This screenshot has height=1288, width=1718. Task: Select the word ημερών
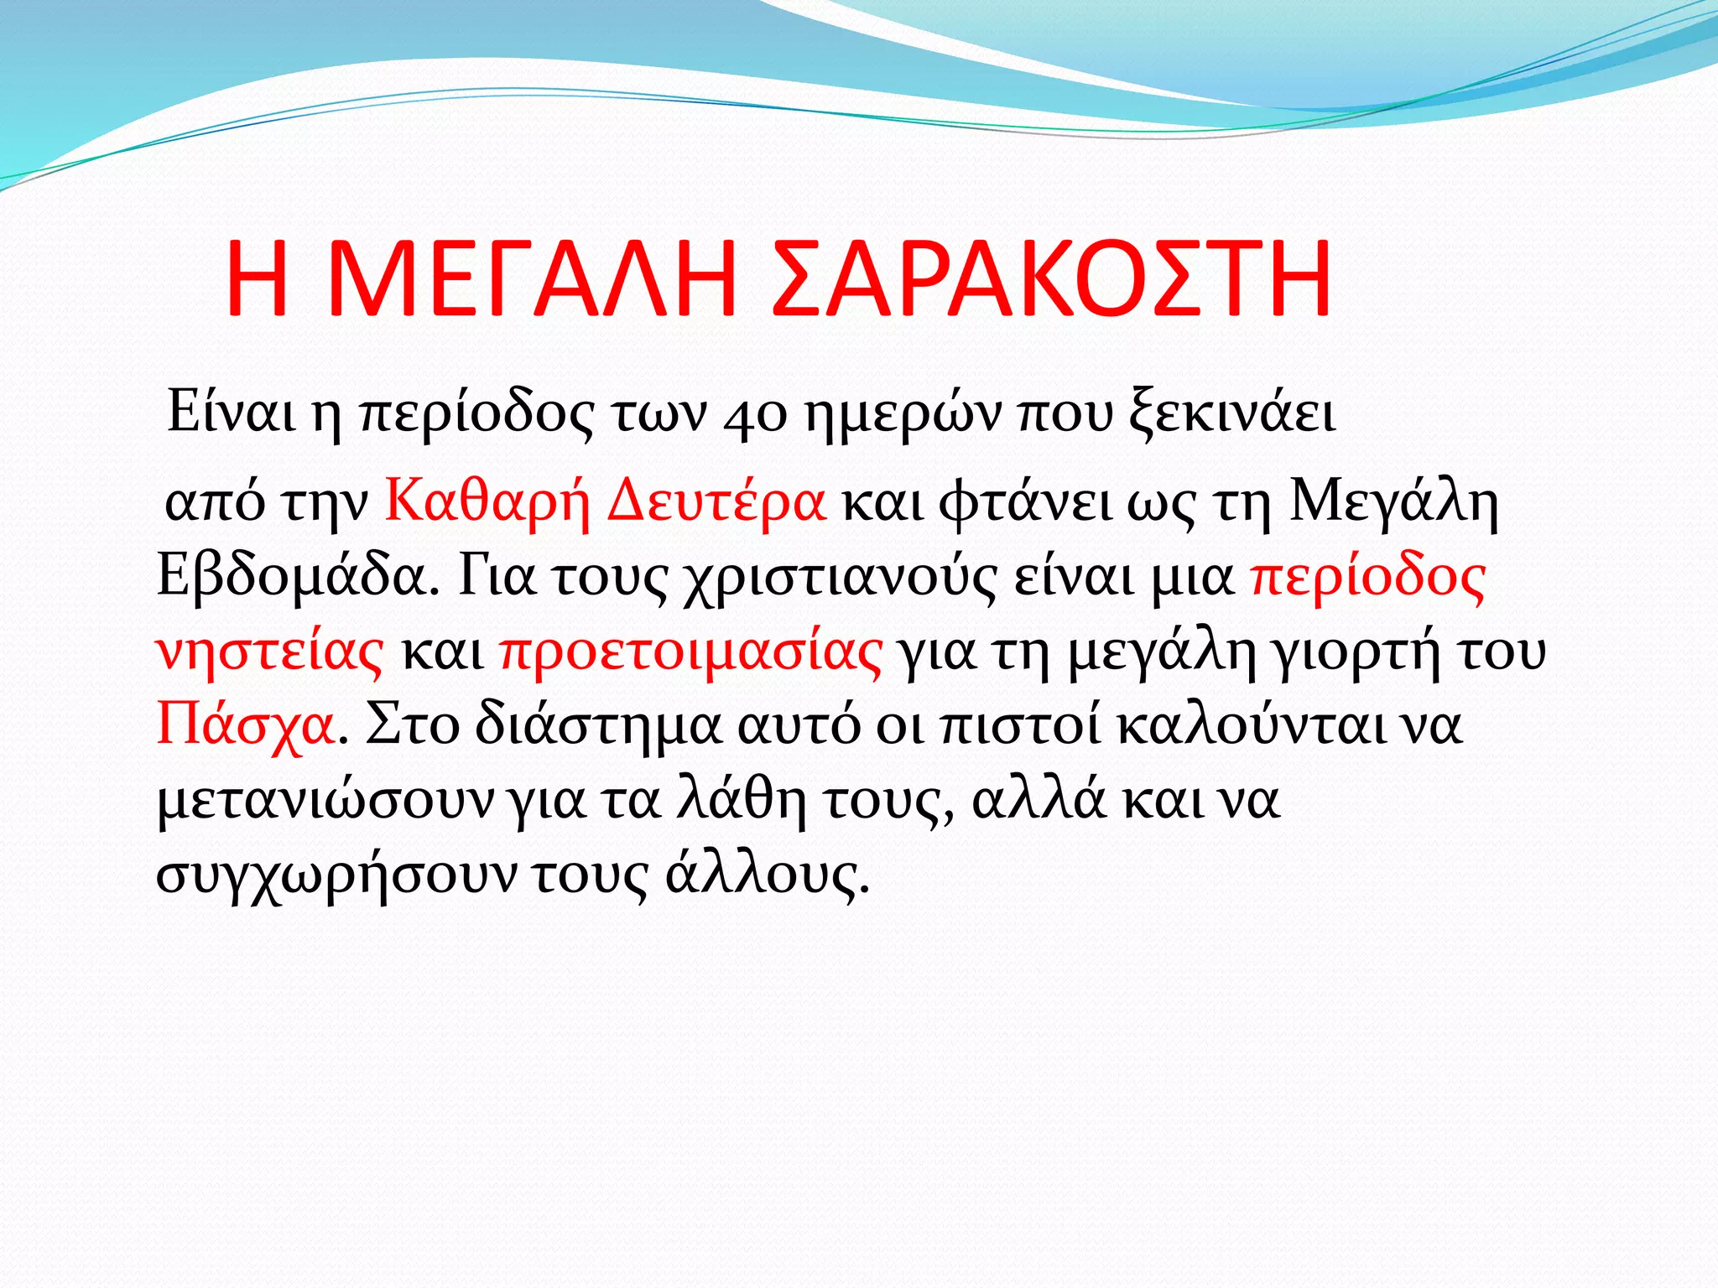(903, 415)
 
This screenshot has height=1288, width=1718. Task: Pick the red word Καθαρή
(487, 503)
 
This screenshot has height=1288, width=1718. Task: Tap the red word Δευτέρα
(716, 503)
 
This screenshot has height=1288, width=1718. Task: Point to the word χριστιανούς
(839, 578)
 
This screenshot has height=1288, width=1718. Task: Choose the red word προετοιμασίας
(691, 652)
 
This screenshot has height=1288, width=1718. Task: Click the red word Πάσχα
(246, 725)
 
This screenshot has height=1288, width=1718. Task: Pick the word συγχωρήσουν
(337, 875)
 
